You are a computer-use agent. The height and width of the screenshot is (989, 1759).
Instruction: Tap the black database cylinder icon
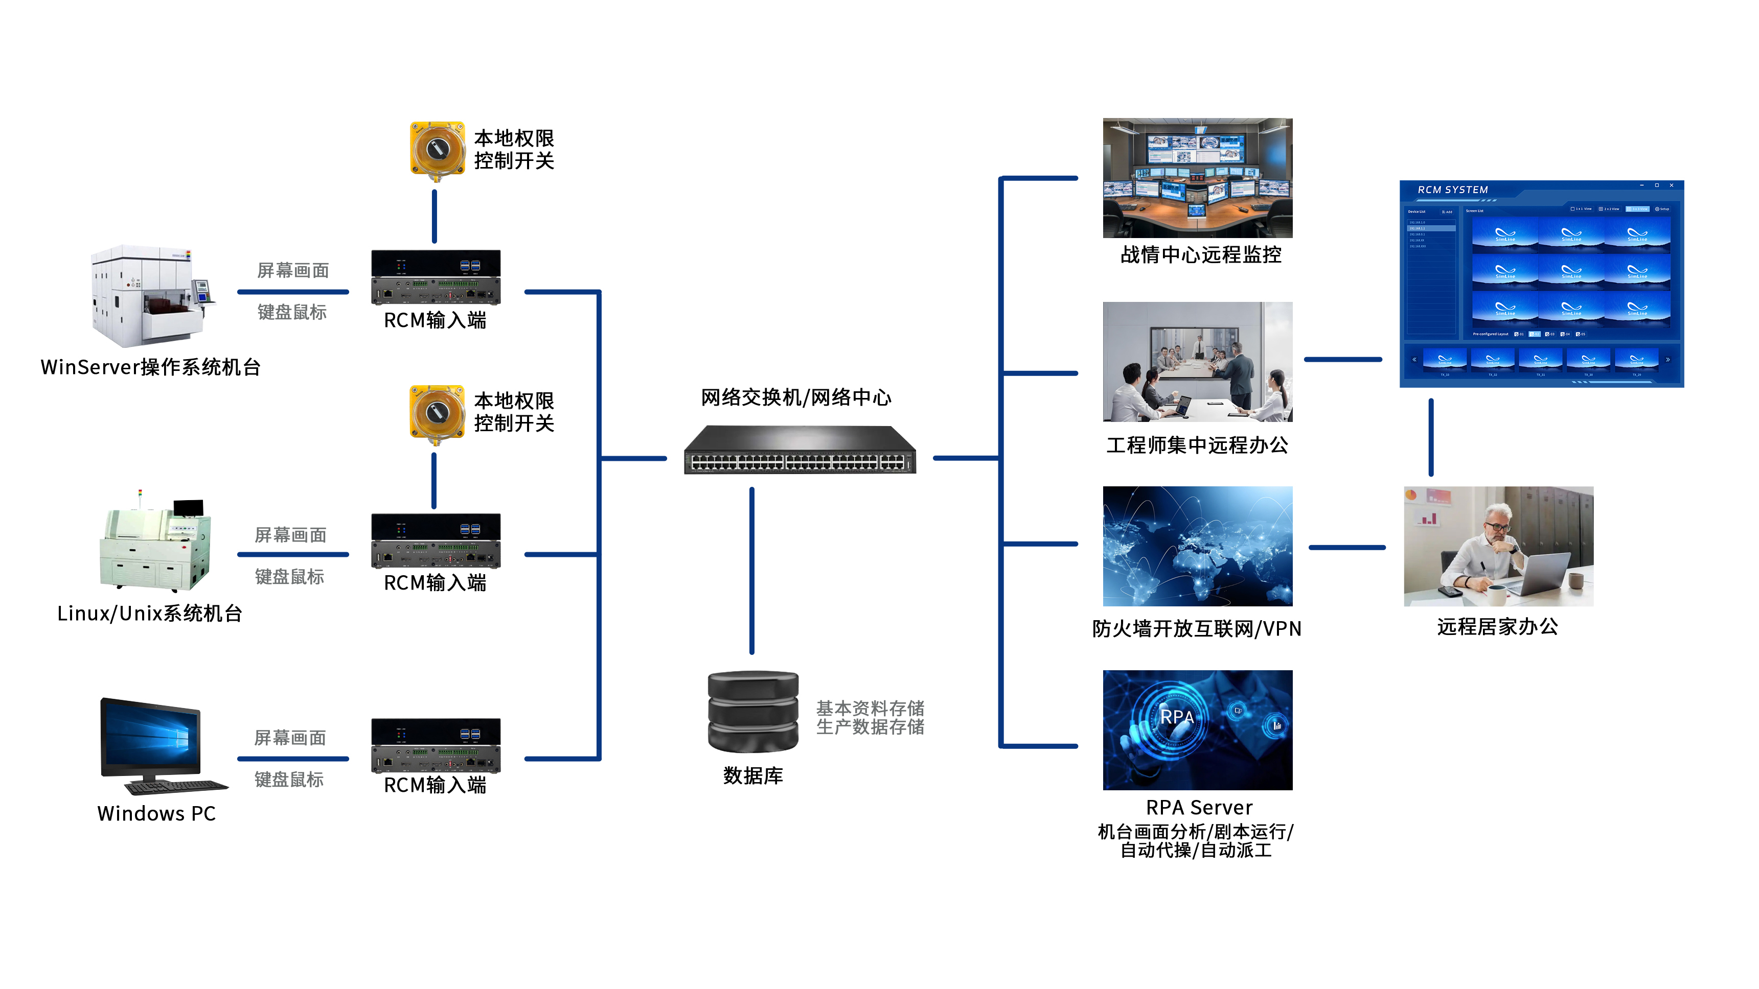pos(752,711)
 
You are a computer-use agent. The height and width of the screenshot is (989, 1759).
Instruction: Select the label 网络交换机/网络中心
pos(795,397)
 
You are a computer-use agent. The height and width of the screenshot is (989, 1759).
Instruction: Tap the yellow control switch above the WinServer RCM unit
pos(437,150)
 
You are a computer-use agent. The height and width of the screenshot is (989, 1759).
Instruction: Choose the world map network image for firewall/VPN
pos(1197,546)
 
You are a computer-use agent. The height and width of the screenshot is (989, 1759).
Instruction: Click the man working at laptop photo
pos(1498,546)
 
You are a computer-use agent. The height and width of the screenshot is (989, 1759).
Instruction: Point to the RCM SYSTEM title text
pos(1452,190)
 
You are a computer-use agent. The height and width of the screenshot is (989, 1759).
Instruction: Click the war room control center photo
pos(1197,177)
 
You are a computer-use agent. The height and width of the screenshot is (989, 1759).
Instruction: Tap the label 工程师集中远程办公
pos(1197,445)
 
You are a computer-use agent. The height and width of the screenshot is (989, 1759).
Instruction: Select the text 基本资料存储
pos(870,708)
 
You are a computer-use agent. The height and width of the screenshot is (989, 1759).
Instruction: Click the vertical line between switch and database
pos(752,570)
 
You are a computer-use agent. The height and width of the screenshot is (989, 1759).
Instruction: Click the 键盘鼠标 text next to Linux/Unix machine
pos(289,577)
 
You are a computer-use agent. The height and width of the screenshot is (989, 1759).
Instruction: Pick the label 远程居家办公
pos(1497,627)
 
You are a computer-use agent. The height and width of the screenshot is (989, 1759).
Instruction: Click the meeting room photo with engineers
pos(1197,361)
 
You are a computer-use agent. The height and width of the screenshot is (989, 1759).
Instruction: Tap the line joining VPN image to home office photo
pos(1346,547)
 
